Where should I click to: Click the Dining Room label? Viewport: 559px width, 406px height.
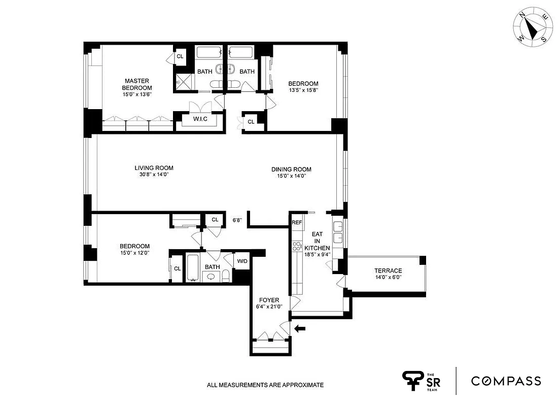click(291, 170)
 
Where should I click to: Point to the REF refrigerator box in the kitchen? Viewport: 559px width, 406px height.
click(297, 222)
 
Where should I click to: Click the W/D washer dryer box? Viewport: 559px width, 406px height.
click(242, 261)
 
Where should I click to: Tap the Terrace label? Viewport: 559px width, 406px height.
click(388, 270)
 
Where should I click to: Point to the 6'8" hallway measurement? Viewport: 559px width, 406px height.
click(237, 220)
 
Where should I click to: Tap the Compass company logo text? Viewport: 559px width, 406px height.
click(506, 381)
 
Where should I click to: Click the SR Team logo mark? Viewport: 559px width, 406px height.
click(413, 381)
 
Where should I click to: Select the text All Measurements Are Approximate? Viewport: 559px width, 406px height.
click(265, 385)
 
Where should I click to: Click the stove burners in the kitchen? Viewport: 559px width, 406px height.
click(297, 247)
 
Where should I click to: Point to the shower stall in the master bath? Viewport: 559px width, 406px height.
click(182, 82)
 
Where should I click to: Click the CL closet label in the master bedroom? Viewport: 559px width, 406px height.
click(180, 56)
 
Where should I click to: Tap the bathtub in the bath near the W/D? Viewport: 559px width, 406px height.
click(193, 268)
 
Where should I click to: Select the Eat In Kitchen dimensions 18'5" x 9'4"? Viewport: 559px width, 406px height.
click(317, 255)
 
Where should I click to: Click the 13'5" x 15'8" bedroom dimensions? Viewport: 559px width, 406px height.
click(303, 91)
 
